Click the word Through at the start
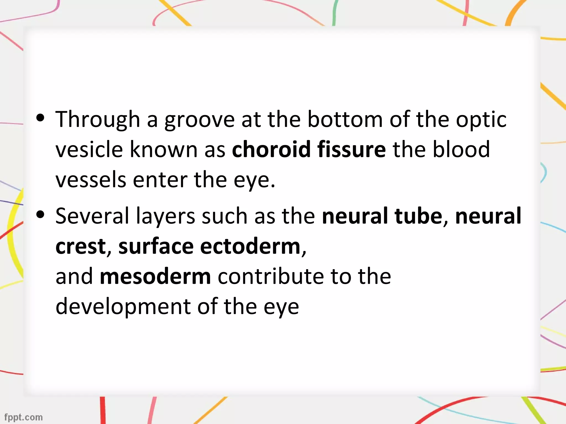coord(98,119)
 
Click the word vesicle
coord(89,149)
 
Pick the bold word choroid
coord(271,149)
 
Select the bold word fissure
coord(351,149)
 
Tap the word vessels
coord(91,180)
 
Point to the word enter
coord(160,180)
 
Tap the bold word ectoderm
coord(250,246)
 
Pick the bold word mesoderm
coord(155,277)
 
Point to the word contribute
coord(271,277)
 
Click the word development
coord(123,307)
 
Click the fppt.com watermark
coord(23,417)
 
